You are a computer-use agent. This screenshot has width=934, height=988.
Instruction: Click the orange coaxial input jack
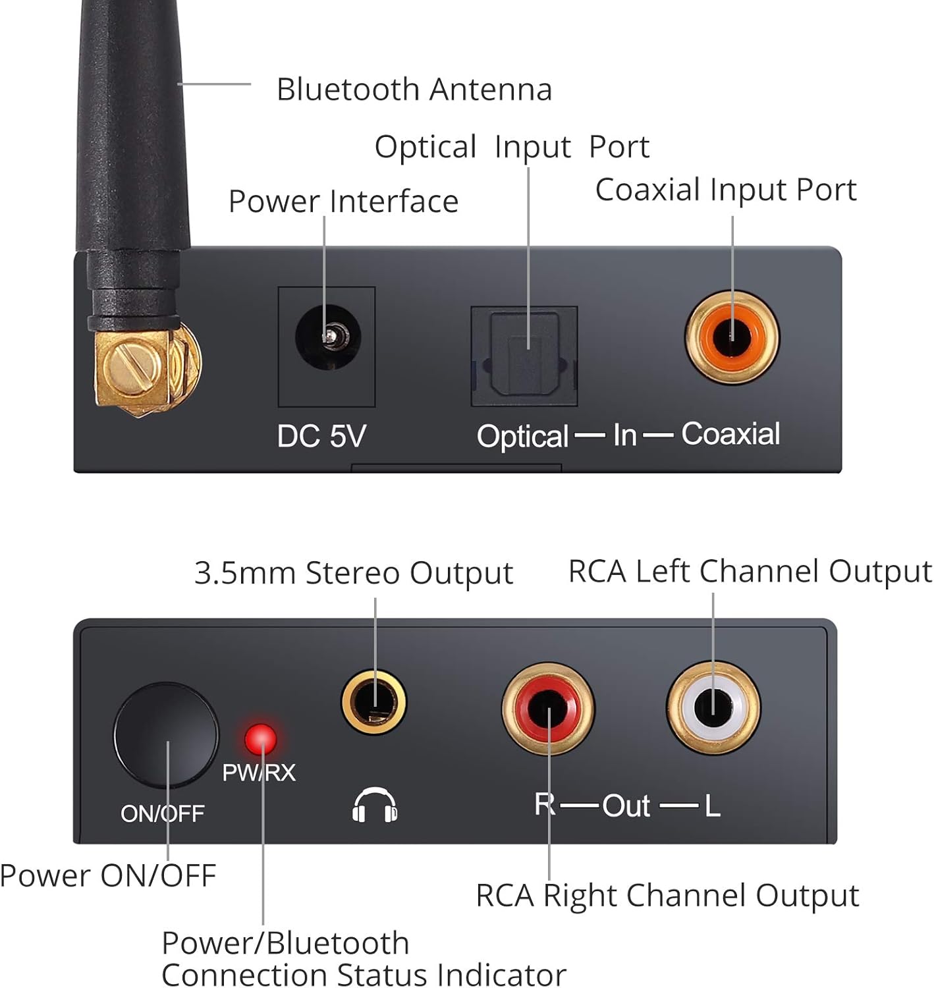click(732, 337)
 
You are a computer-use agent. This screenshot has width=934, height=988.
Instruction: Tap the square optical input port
click(524, 356)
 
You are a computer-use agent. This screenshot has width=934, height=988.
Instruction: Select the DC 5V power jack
click(327, 337)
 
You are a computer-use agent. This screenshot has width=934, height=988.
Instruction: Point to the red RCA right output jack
click(548, 708)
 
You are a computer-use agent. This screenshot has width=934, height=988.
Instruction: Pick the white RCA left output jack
click(713, 708)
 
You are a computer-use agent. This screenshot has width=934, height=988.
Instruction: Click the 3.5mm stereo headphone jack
click(373, 702)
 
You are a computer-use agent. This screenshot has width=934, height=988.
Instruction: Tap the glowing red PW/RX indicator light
click(261, 739)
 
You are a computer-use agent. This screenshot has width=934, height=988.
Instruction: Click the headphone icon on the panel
click(374, 805)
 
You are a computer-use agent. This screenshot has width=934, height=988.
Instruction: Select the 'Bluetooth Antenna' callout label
click(414, 90)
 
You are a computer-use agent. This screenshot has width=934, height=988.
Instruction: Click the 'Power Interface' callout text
click(343, 202)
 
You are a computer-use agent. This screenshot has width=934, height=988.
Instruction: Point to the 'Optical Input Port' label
click(512, 147)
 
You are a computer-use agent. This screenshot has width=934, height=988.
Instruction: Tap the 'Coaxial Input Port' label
click(725, 190)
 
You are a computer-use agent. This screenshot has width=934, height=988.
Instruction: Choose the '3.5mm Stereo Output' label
click(354, 573)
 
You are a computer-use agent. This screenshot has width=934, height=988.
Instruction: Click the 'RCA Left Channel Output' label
click(750, 571)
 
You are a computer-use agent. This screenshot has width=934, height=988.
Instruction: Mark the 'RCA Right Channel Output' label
click(667, 896)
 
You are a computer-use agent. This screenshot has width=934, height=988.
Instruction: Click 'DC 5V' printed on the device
click(321, 436)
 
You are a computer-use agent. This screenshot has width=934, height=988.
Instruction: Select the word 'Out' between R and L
click(626, 806)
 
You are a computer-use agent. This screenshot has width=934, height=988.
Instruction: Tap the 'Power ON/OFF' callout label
click(108, 876)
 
